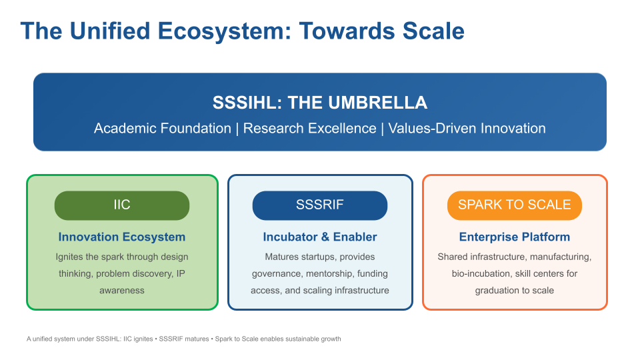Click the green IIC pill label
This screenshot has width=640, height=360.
[121, 205]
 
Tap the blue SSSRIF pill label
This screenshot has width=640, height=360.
[319, 205]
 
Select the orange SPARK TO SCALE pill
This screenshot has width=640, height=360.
[514, 205]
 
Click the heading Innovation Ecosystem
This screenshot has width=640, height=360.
[121, 237]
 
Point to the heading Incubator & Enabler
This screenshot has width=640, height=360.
[319, 237]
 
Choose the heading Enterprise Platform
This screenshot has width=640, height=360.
[514, 237]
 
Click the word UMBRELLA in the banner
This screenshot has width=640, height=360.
[378, 103]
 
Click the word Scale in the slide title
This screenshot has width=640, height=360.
[433, 31]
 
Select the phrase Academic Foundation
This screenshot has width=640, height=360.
[163, 129]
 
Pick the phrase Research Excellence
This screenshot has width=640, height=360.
[310, 129]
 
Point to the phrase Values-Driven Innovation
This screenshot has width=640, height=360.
[467, 129]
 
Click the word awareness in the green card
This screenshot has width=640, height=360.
[121, 291]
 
